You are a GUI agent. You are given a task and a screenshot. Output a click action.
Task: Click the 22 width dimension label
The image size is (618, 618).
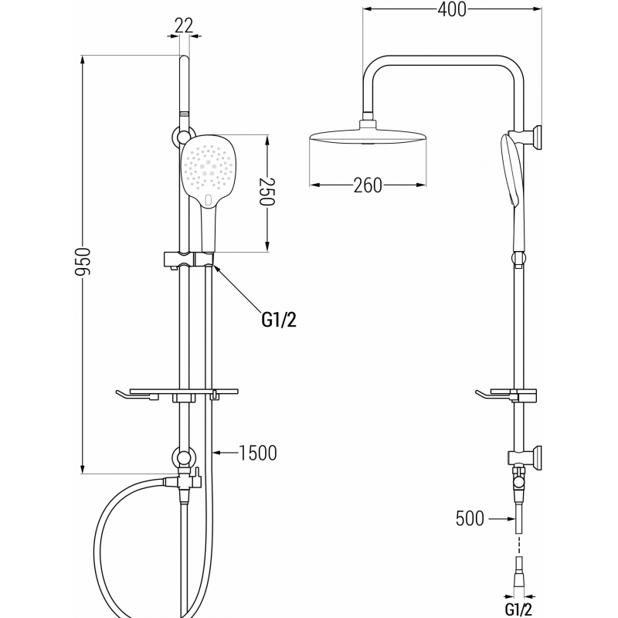point(184,25)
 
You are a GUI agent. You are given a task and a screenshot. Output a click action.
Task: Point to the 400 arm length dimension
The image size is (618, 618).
point(451,10)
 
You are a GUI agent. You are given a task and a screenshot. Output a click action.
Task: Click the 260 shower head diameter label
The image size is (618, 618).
point(368,185)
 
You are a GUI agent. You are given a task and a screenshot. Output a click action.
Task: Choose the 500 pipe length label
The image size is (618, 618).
point(470,518)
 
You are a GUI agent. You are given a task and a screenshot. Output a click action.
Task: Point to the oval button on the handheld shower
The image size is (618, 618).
point(211,202)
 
